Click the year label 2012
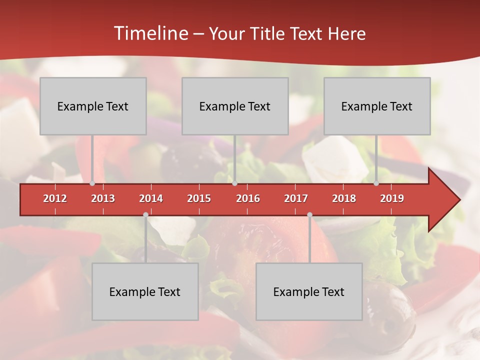[x=55, y=198]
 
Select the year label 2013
[x=103, y=198]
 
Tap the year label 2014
[x=151, y=198]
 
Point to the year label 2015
[x=199, y=198]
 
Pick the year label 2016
[x=248, y=198]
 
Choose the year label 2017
[x=296, y=198]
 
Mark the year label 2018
[x=344, y=198]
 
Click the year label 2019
[x=392, y=198]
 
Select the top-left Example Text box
[x=93, y=106]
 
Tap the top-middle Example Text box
[x=235, y=106]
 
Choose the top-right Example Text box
[x=377, y=106]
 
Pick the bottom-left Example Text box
[x=145, y=291]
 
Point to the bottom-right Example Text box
[x=309, y=291]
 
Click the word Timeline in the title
[x=150, y=33]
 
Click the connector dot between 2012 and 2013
[x=92, y=183]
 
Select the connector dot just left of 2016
[x=234, y=183]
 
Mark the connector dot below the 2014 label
[x=145, y=214]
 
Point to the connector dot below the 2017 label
[x=309, y=214]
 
